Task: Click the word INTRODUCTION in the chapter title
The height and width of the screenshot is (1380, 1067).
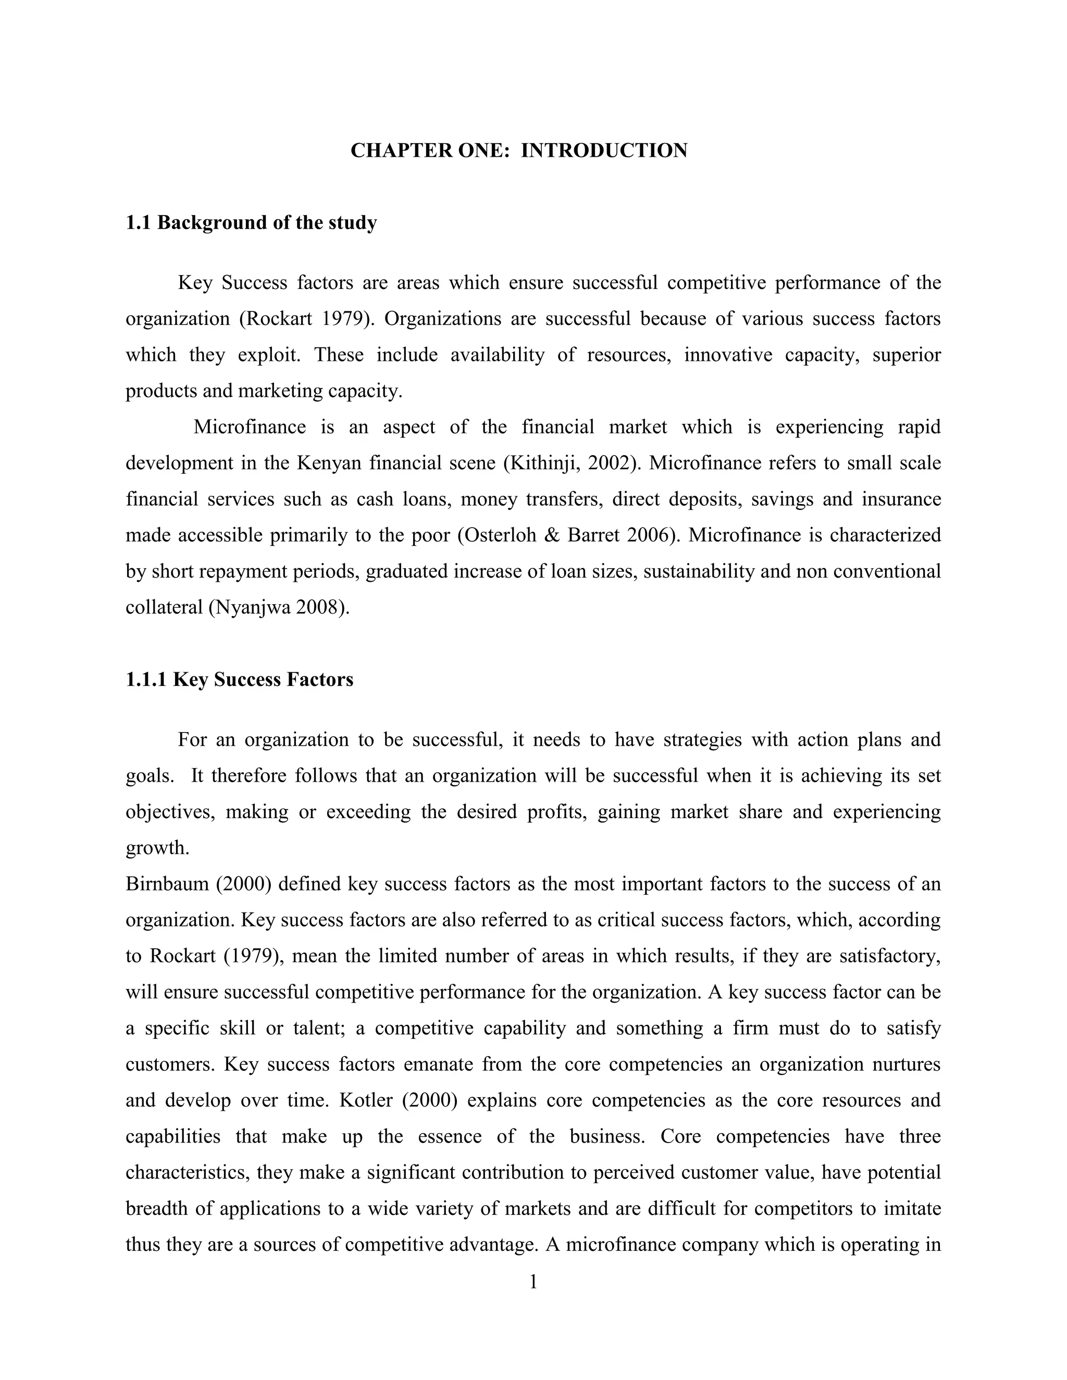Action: pyautogui.click(x=604, y=151)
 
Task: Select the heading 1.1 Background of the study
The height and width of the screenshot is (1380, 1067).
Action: pyautogui.click(x=251, y=222)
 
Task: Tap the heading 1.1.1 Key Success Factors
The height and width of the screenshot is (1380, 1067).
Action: pyautogui.click(x=240, y=679)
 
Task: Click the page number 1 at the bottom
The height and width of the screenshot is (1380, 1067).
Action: pyautogui.click(x=533, y=1282)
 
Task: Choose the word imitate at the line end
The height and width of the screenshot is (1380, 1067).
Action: pyautogui.click(x=910, y=1209)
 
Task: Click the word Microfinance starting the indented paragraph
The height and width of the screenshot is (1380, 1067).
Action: pyautogui.click(x=249, y=427)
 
